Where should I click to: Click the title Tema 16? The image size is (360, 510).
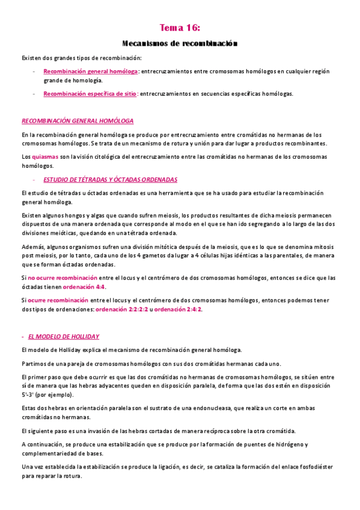[180, 28]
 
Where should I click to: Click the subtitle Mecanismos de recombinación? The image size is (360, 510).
[180, 43]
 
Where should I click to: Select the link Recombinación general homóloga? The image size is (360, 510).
[90, 71]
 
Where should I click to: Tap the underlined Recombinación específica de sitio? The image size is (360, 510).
[90, 94]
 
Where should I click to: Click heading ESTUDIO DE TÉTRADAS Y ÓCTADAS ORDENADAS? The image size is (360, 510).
[110, 180]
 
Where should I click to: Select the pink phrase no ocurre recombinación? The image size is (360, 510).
[63, 278]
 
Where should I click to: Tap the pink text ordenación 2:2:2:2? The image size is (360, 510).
[121, 309]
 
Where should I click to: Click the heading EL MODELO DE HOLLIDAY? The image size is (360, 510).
[64, 336]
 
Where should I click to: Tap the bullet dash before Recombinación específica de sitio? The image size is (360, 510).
[34, 94]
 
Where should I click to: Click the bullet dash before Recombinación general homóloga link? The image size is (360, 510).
[34, 71]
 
